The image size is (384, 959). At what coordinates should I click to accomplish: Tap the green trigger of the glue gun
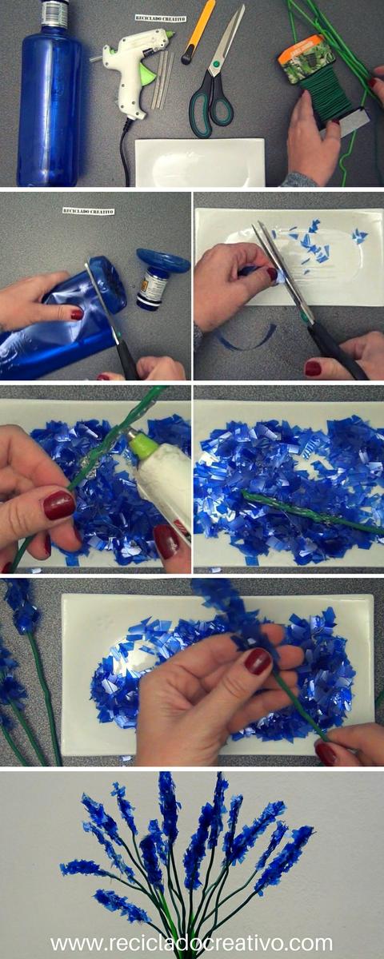tap(147, 76)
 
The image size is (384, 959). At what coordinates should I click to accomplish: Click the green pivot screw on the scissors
tap(216, 65)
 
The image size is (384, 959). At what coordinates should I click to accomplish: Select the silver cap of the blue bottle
tap(54, 10)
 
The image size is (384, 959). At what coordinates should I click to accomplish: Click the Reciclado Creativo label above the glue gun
tap(160, 18)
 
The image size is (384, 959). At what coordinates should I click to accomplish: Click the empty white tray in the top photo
tap(200, 162)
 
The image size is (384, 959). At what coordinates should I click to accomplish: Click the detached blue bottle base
tap(163, 261)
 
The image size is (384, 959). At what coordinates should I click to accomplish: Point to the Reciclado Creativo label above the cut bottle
tap(88, 211)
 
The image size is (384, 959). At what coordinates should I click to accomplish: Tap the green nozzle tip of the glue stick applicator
tap(143, 444)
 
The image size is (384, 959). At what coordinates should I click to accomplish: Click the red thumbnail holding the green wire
tap(59, 505)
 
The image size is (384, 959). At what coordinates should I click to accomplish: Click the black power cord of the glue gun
tap(125, 151)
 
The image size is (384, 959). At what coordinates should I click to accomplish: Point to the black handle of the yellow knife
tap(188, 53)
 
